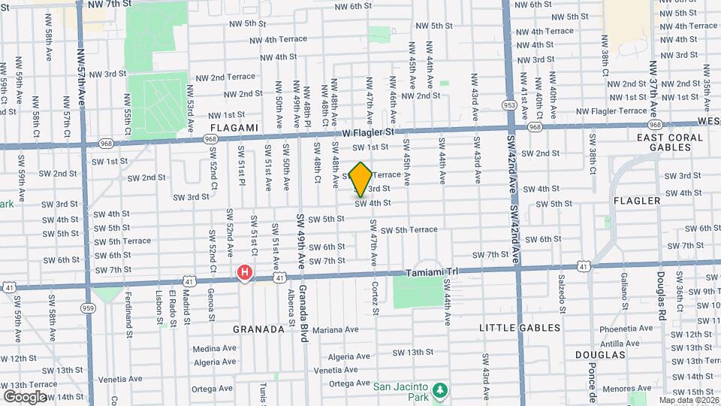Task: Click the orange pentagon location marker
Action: pyautogui.click(x=360, y=179)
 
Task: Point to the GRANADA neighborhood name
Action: pyautogui.click(x=258, y=329)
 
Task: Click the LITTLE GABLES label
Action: pyautogui.click(x=520, y=328)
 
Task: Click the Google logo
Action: pyautogui.click(x=24, y=396)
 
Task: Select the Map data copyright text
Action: pyautogui.click(x=687, y=400)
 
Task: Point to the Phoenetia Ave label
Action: pyautogui.click(x=626, y=328)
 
